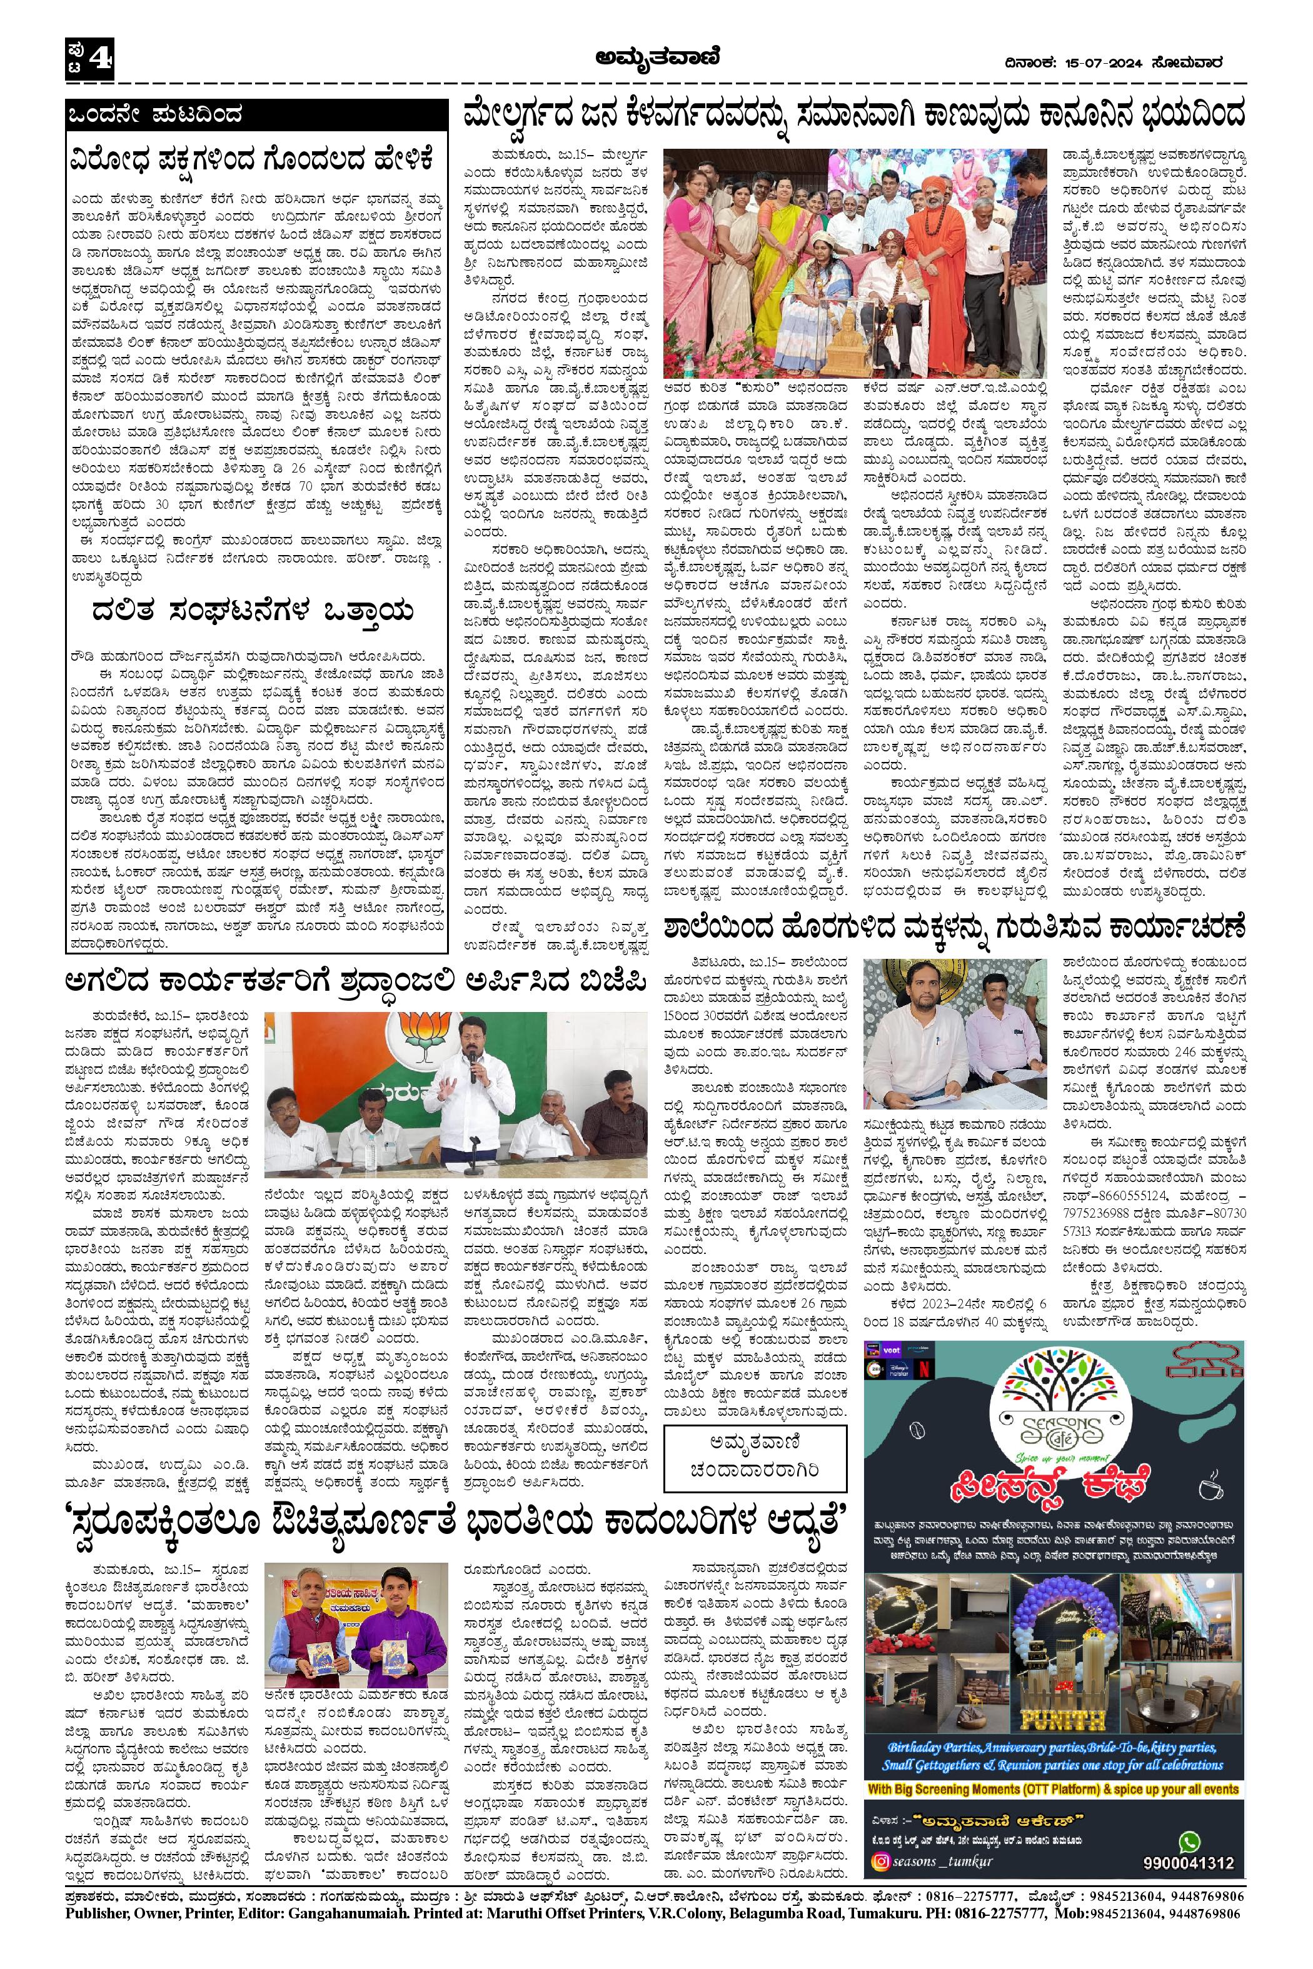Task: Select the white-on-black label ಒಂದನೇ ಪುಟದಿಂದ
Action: pyautogui.click(x=156, y=114)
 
